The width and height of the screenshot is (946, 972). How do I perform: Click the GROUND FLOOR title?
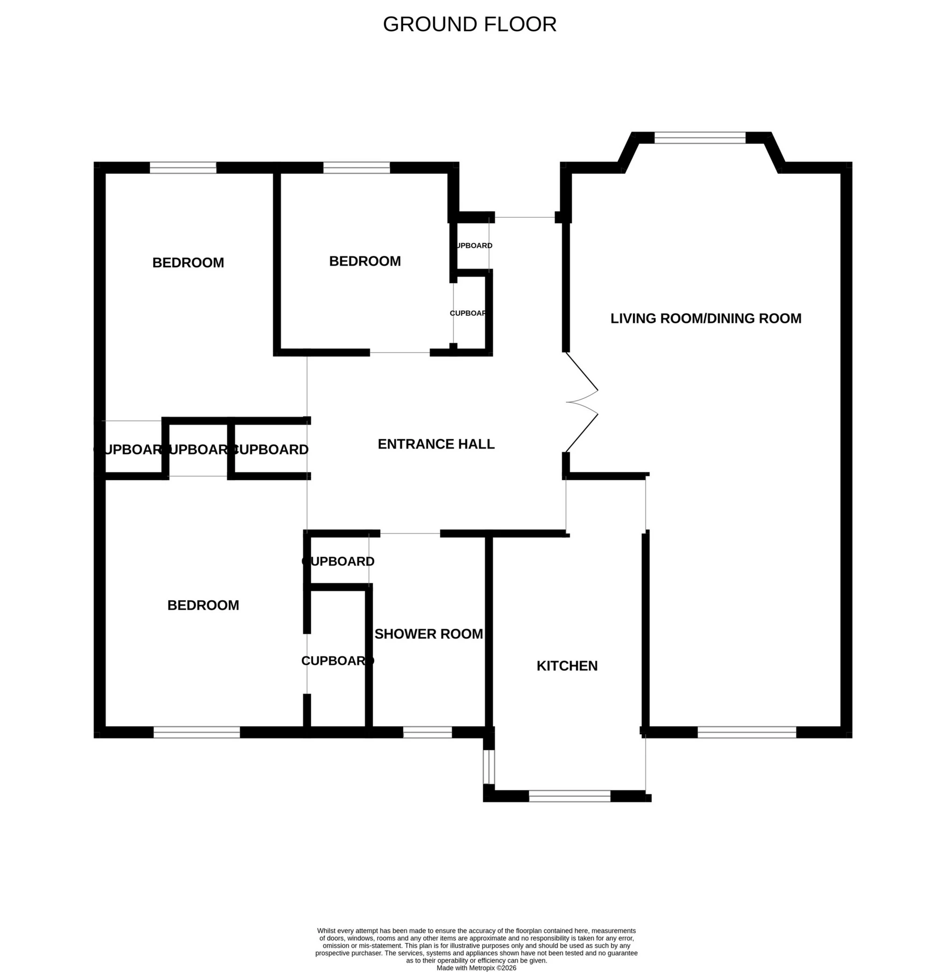[469, 24]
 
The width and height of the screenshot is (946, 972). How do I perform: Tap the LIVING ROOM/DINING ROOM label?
[705, 319]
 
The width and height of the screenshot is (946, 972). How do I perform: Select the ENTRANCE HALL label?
[436, 444]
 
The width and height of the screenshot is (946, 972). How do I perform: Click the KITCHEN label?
[567, 666]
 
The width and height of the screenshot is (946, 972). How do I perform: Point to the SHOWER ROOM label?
[428, 634]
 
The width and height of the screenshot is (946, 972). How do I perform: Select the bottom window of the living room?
[747, 732]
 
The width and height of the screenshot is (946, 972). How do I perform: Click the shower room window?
[427, 732]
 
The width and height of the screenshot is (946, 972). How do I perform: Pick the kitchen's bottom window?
[569, 796]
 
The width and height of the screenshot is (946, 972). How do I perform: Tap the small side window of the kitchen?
[490, 766]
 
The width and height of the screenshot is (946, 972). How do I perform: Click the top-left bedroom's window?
[183, 168]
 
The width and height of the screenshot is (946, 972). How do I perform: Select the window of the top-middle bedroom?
[356, 168]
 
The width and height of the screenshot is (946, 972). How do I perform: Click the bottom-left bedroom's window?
[197, 732]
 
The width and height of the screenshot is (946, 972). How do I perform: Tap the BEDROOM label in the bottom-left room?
[203, 605]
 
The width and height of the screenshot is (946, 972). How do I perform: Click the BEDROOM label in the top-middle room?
[365, 261]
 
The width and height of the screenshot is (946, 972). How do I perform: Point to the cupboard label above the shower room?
[338, 561]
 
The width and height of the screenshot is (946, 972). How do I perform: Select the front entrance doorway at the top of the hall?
[525, 218]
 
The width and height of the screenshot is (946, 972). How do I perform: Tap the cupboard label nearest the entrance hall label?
[270, 449]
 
